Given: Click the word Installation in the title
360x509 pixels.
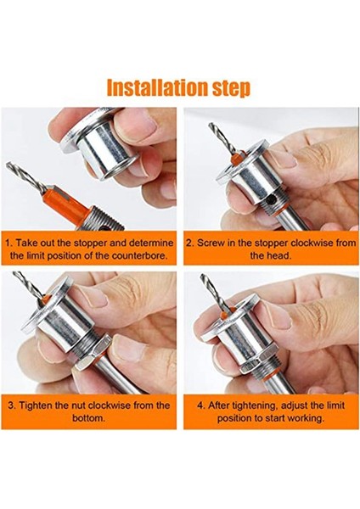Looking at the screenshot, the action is [x=157, y=87].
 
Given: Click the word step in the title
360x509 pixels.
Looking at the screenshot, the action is [x=231, y=88].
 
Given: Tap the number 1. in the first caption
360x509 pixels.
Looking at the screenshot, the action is [x=9, y=243].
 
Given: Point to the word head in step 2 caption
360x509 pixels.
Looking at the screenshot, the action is [x=280, y=255].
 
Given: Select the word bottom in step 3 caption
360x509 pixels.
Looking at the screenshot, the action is [x=87, y=417].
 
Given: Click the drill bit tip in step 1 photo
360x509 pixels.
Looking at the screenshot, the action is [x=8, y=165].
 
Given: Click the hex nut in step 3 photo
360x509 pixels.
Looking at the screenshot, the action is [x=92, y=353].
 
